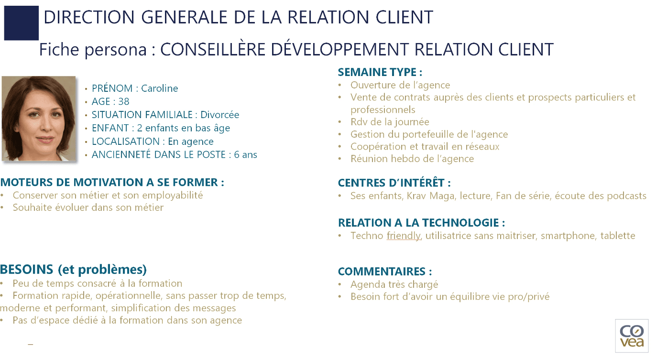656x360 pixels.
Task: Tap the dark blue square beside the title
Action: pyautogui.click(x=21, y=23)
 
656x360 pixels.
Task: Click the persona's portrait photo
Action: pyautogui.click(x=39, y=118)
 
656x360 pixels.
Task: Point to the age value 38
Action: pyautogui.click(x=124, y=102)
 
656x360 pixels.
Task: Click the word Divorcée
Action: pyautogui.click(x=219, y=115)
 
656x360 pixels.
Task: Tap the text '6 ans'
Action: pyautogui.click(x=246, y=155)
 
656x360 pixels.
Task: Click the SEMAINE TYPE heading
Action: pyautogui.click(x=380, y=72)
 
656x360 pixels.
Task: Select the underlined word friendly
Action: pyautogui.click(x=404, y=236)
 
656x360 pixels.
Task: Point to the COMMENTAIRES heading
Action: pyautogui.click(x=384, y=272)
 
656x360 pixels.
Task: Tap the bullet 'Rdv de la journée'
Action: pyautogui.click(x=390, y=122)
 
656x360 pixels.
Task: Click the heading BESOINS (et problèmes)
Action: pyautogui.click(x=73, y=269)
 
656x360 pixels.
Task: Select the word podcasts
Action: pyautogui.click(x=626, y=196)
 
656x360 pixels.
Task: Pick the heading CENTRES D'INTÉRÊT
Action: pyautogui.click(x=394, y=183)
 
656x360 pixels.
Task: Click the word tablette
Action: pyautogui.click(x=618, y=236)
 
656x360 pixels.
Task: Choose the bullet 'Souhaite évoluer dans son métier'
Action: pyautogui.click(x=88, y=208)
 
